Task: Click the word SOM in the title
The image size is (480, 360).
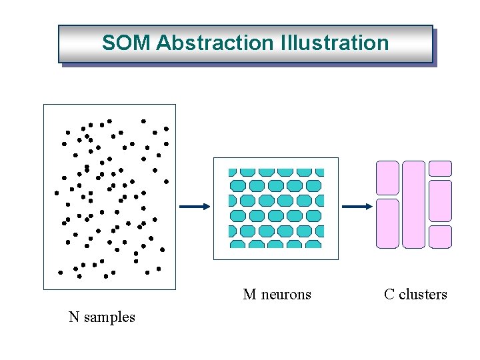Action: tap(127, 43)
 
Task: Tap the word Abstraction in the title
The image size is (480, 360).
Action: tap(214, 43)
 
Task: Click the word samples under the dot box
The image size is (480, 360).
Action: tap(109, 317)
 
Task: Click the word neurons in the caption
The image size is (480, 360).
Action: tap(286, 295)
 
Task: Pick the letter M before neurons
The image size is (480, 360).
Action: tap(249, 295)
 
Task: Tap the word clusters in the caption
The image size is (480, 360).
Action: tap(423, 295)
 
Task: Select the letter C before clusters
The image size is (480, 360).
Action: tap(389, 295)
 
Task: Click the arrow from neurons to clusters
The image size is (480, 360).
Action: tap(357, 207)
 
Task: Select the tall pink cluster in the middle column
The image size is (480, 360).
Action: tap(413, 204)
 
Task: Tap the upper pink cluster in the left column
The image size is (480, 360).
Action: tap(387, 178)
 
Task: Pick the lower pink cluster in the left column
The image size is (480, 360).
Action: tap(387, 223)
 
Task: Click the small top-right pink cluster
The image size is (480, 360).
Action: tap(440, 169)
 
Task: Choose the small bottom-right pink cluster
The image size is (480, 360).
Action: tap(440, 236)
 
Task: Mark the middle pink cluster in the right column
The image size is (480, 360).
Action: tap(440, 200)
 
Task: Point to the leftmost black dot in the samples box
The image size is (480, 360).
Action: tap(57, 193)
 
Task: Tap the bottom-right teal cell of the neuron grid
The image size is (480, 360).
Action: tap(313, 244)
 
